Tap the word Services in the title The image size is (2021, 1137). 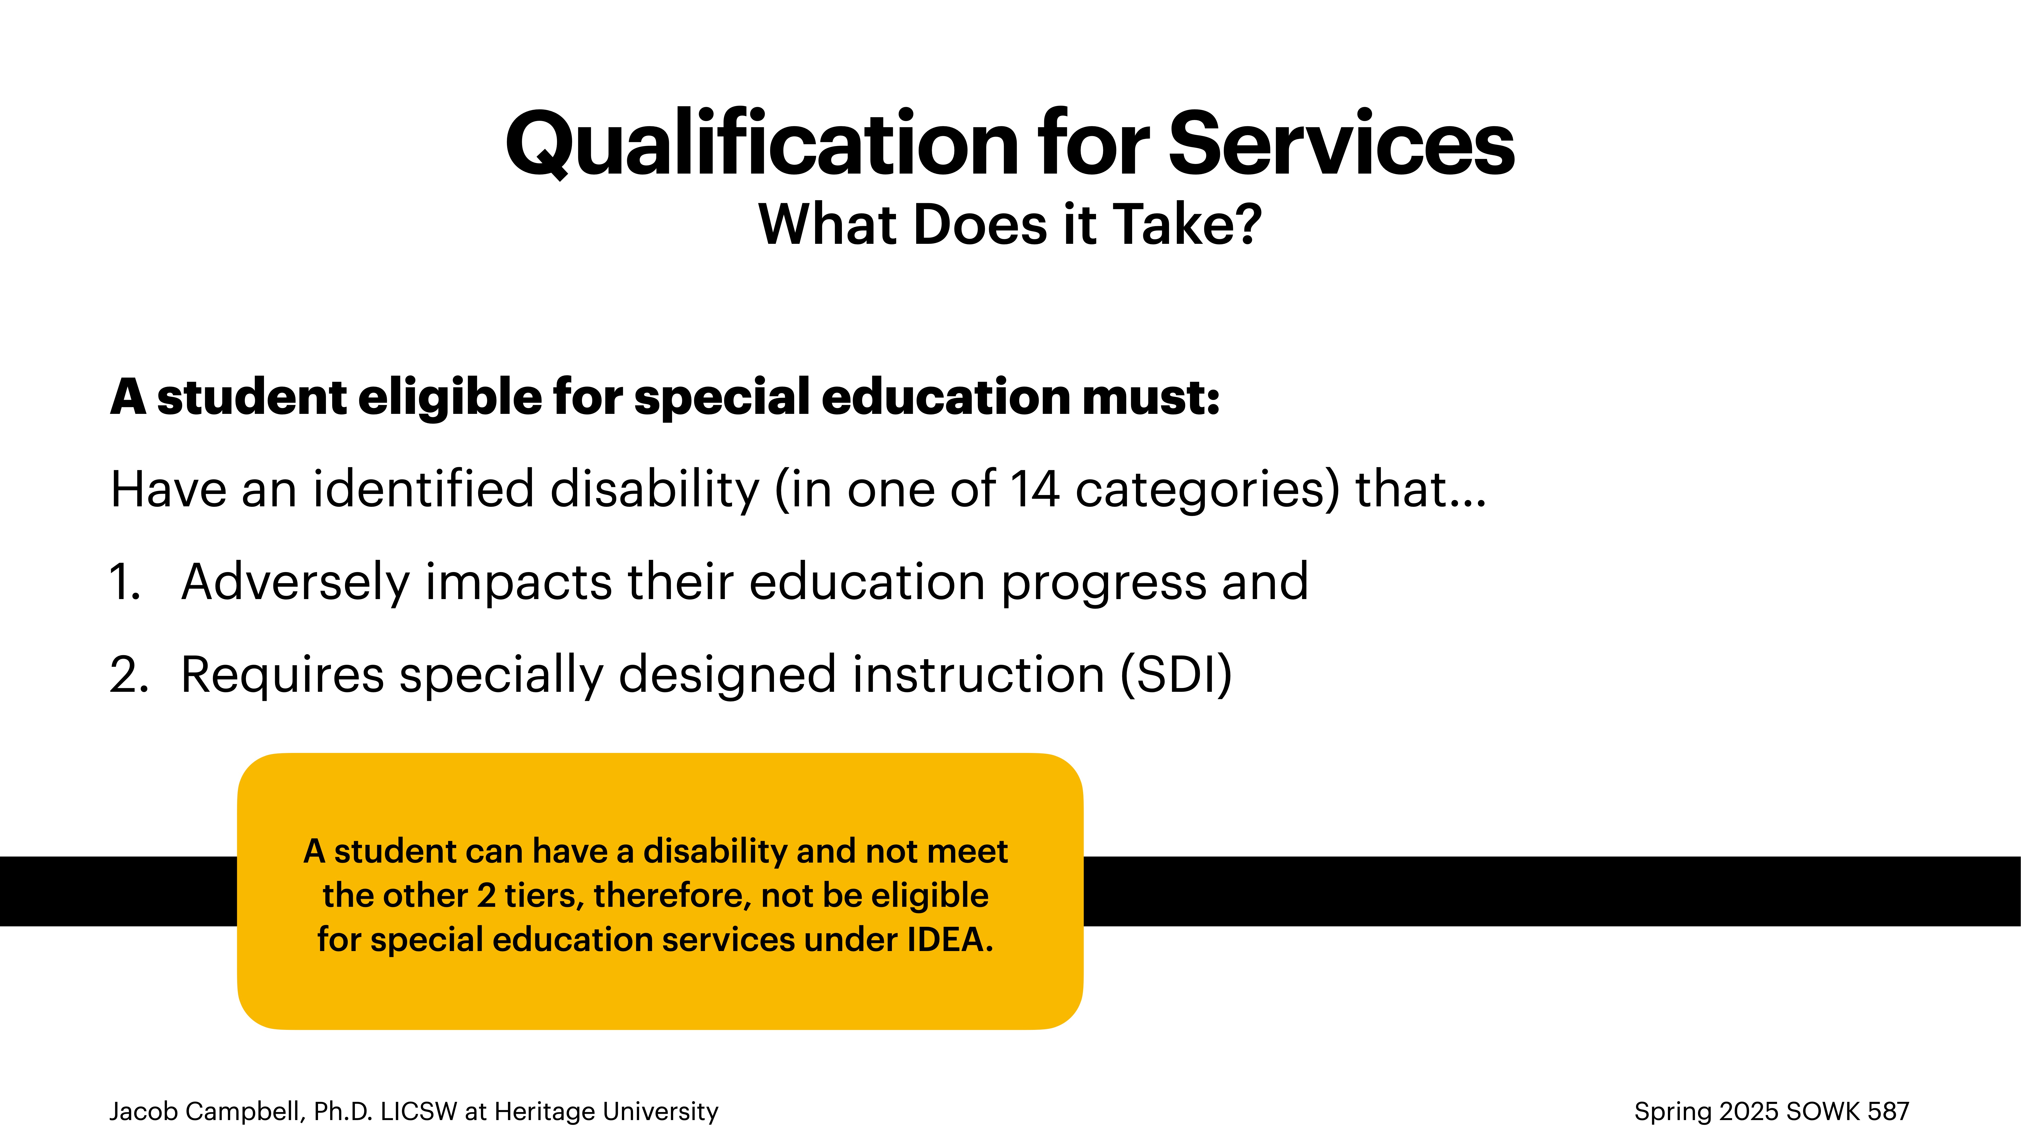point(1342,144)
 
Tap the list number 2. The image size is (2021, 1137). point(128,675)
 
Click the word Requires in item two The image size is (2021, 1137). point(282,675)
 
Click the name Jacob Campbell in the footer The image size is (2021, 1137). point(206,1111)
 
